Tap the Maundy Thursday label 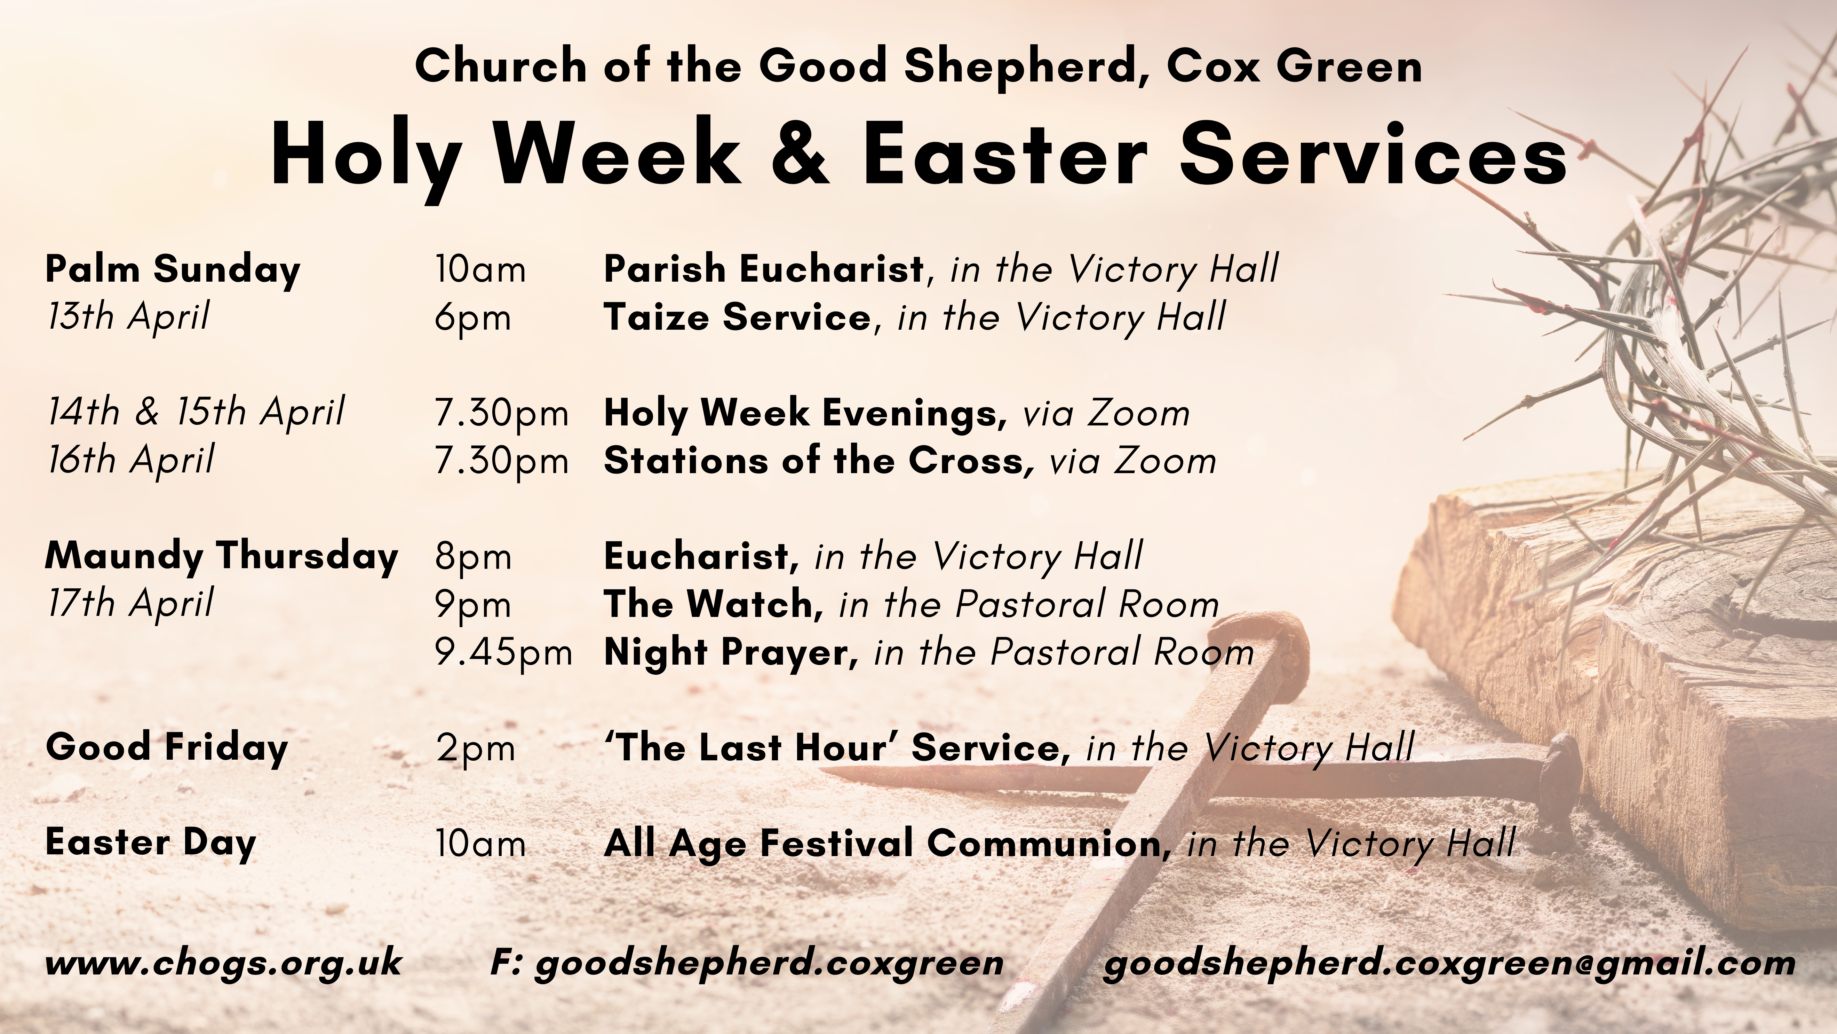[221, 557]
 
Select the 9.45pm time [503, 652]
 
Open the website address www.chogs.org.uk [223, 963]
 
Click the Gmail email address [1449, 963]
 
